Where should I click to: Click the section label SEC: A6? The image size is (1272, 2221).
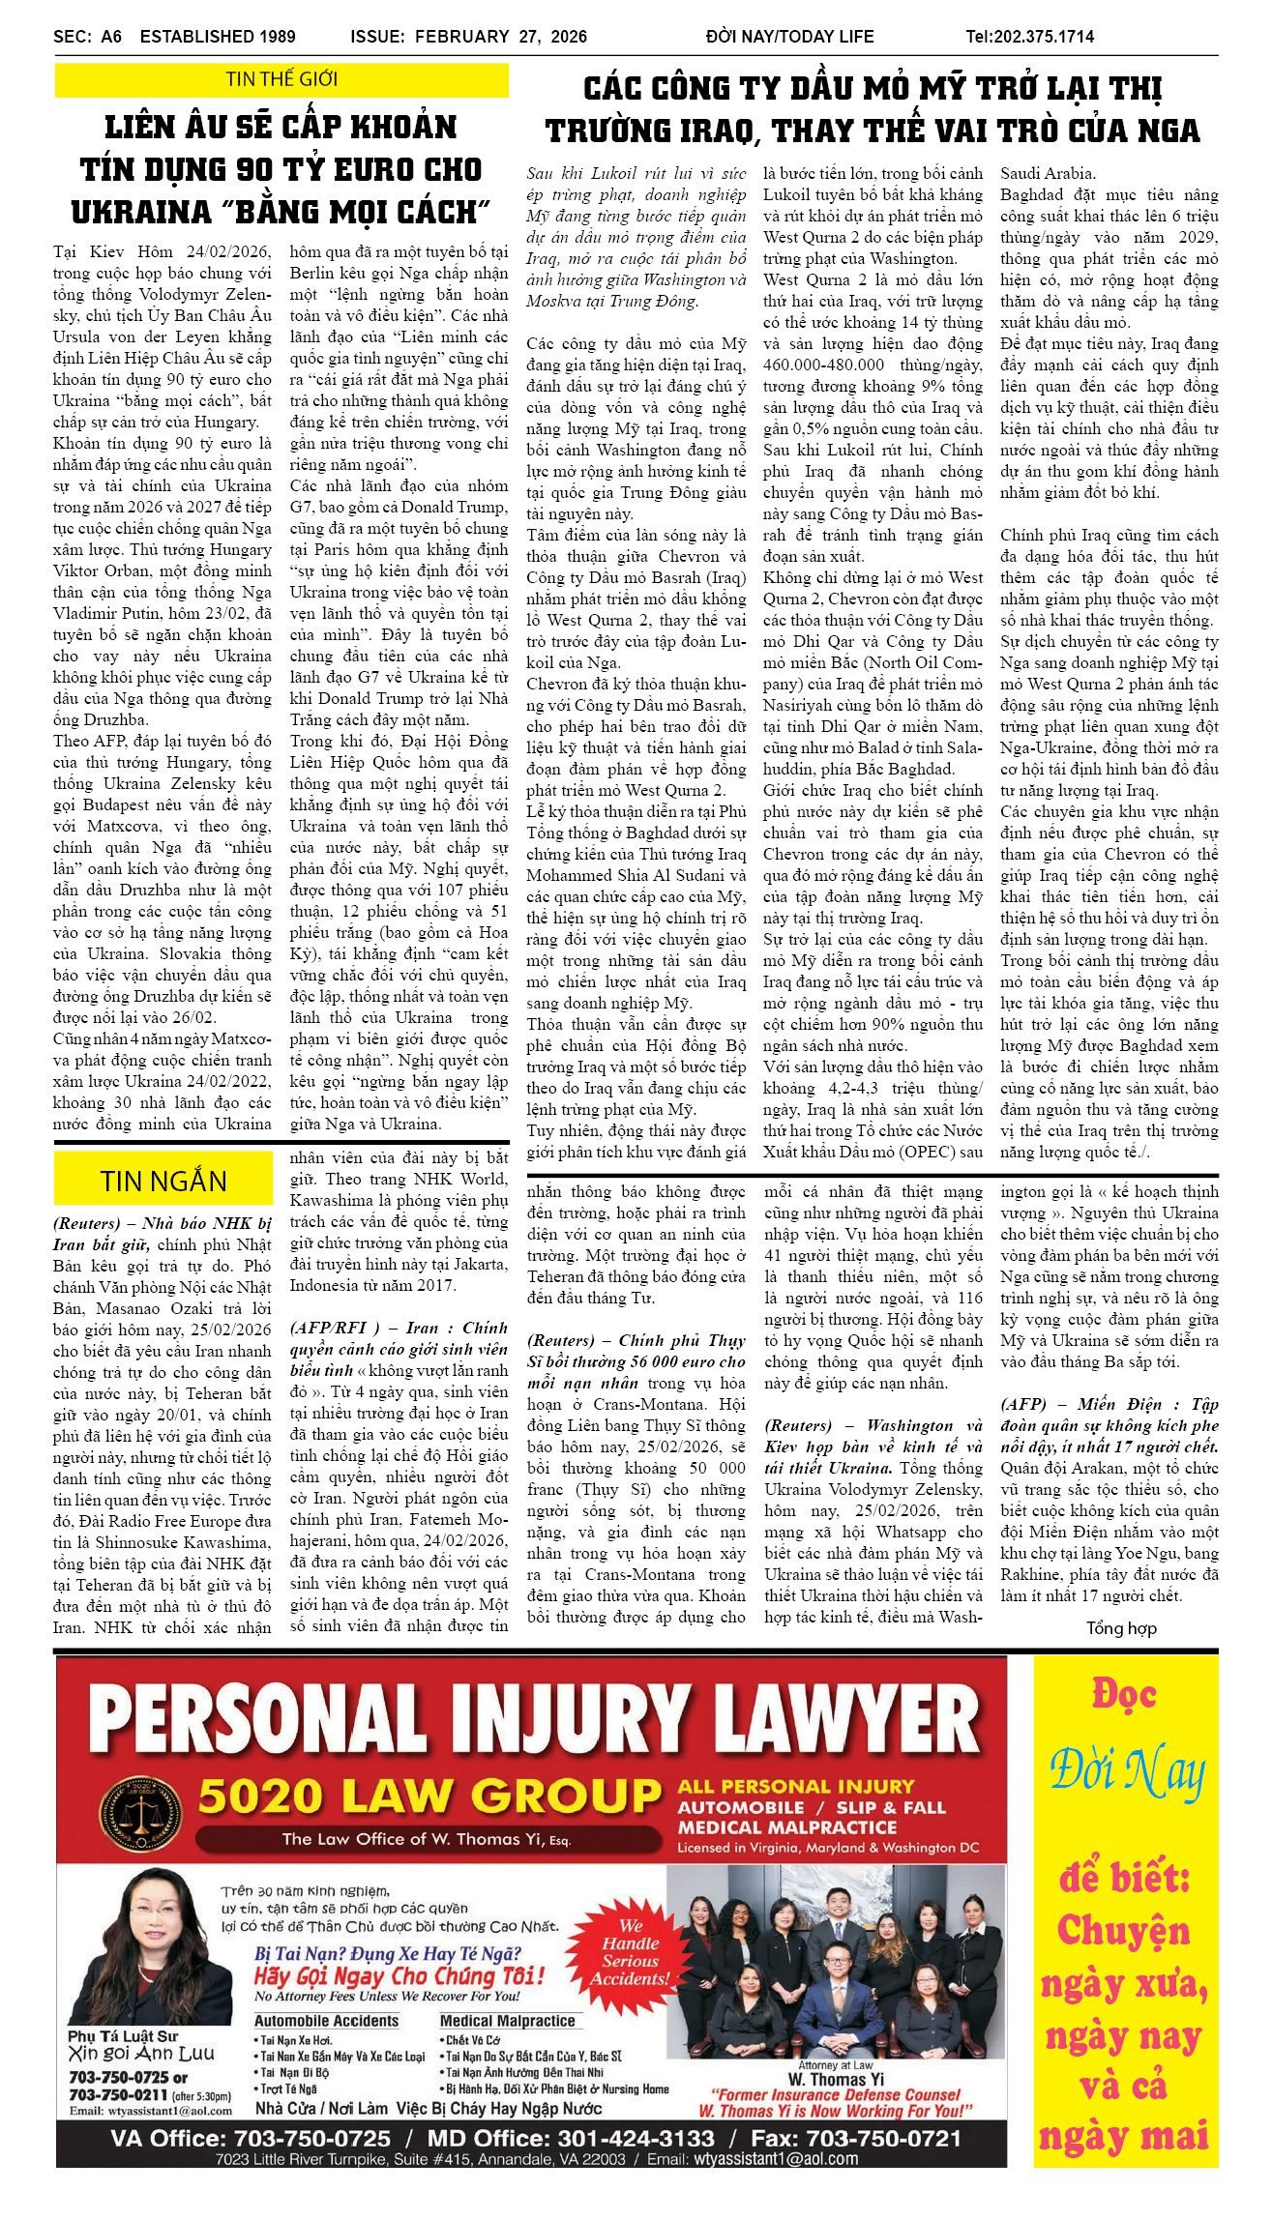(87, 37)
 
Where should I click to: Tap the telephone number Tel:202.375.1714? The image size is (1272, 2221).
(1029, 37)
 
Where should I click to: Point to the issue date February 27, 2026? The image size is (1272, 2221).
(501, 37)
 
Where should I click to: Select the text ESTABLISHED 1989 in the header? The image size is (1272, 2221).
(218, 37)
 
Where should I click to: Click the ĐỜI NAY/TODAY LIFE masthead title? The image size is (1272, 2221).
(789, 37)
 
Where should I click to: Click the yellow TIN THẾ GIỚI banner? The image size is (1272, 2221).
(281, 80)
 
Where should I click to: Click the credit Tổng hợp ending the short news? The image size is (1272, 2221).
(1120, 1628)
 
